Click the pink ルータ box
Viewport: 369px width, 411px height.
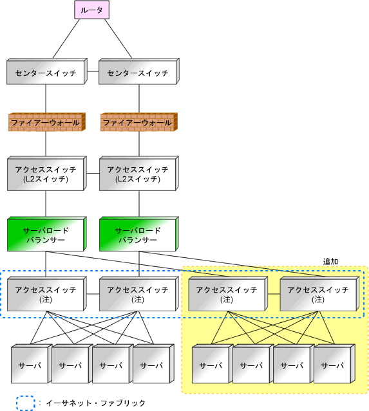[x=91, y=10]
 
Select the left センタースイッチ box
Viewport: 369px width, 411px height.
[x=47, y=71]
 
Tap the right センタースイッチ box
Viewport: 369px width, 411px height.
[x=139, y=71]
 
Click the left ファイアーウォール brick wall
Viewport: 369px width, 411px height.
[x=47, y=122]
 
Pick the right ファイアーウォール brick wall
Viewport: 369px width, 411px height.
[x=139, y=122]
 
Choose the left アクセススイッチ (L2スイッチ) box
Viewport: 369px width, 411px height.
[x=47, y=174]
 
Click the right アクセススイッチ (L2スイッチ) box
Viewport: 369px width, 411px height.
[x=139, y=174]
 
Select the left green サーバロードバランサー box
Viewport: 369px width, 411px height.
[x=47, y=234]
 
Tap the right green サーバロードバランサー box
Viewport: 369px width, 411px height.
[x=139, y=234]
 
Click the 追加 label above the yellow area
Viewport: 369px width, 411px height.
[x=330, y=261]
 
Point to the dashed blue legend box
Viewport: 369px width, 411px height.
[x=26, y=403]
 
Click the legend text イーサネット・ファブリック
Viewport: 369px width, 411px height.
[x=95, y=403]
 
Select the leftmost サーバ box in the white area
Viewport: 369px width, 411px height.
[x=32, y=364]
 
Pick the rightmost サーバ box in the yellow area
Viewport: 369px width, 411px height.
[x=334, y=364]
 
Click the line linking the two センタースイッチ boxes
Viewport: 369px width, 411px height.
[x=93, y=71]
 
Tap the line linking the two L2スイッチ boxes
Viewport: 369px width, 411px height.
[x=93, y=173]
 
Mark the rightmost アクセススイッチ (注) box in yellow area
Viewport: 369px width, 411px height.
[x=319, y=294]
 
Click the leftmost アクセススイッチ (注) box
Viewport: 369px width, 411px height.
[x=47, y=294]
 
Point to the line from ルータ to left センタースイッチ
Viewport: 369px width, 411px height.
[x=66, y=39]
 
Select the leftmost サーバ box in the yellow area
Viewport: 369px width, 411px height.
[x=213, y=364]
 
